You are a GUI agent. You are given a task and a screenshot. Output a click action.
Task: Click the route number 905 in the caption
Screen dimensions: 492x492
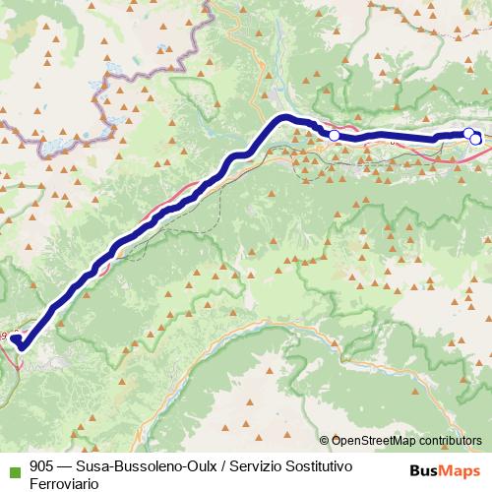click(x=41, y=466)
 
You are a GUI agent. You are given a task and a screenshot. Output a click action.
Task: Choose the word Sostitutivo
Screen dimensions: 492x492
click(x=331, y=466)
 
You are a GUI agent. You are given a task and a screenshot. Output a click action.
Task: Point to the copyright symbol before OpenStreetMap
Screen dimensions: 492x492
click(x=326, y=441)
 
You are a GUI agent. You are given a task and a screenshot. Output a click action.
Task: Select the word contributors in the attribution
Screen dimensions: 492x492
click(x=448, y=441)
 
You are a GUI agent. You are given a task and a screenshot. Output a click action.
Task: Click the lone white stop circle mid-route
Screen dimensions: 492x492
click(x=334, y=135)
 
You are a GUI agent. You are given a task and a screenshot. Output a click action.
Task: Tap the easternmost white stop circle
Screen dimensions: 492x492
click(x=476, y=139)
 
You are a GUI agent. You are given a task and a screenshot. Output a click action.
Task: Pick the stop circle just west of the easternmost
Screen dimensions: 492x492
click(x=468, y=134)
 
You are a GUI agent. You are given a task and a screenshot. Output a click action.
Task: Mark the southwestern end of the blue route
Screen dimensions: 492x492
click(x=17, y=340)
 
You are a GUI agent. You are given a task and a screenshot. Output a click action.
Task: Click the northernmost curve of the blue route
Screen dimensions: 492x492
click(x=285, y=118)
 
